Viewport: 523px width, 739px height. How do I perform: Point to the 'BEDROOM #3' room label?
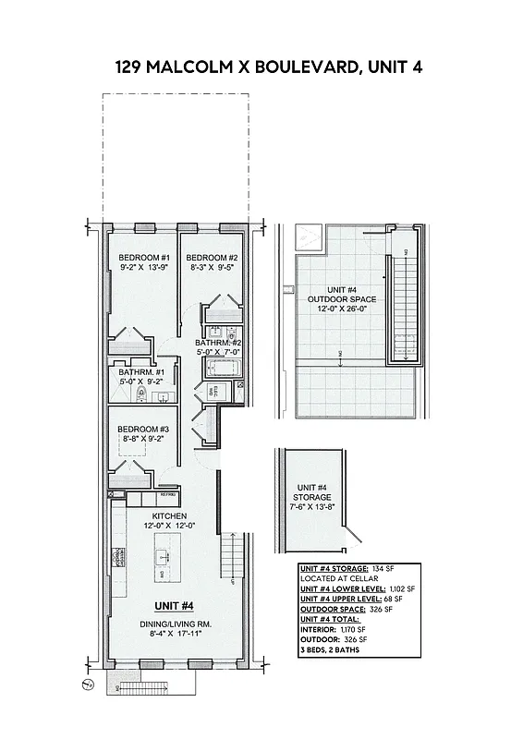(142, 430)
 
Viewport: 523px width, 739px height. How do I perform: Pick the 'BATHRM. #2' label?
(218, 342)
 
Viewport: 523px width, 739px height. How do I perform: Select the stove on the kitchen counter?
(117, 557)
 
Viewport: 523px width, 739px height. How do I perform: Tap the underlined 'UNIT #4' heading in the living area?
(173, 606)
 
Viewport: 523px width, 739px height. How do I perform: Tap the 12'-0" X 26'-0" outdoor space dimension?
(339, 309)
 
